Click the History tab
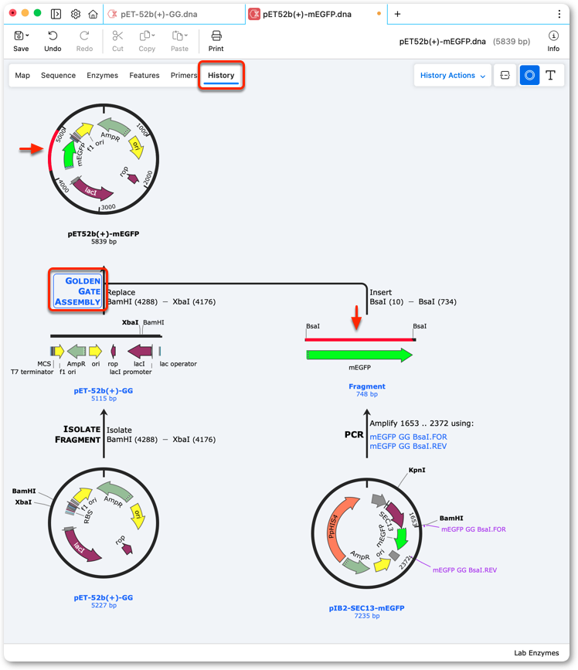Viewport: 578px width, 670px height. pos(221,75)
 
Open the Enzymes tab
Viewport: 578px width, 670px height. pos(102,75)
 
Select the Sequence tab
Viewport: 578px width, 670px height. pos(58,75)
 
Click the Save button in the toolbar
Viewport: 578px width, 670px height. pos(21,42)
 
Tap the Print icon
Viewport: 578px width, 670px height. pos(216,36)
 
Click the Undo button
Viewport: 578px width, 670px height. pos(53,42)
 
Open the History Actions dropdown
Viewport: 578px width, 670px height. pos(452,75)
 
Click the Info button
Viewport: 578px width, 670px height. pos(553,42)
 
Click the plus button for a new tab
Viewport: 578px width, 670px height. pos(397,14)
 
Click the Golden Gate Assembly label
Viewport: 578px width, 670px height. pos(77,291)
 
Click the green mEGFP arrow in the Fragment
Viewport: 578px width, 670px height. pos(359,355)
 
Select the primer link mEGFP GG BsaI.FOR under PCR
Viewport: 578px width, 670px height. pos(408,437)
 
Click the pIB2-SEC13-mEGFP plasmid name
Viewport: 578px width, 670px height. pos(366,607)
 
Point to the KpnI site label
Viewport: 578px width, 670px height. pos(417,470)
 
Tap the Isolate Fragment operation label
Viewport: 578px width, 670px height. pos(77,434)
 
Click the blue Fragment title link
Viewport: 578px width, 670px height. pos(367,386)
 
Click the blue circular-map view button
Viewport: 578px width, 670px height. pos(529,75)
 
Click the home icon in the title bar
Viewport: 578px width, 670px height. pos(93,14)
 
